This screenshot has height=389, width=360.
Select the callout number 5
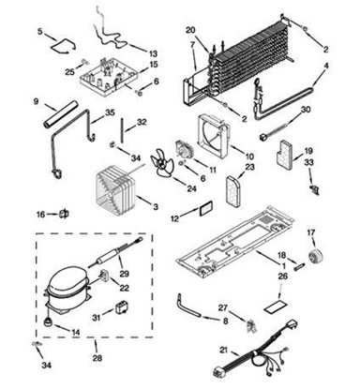[x=39, y=32]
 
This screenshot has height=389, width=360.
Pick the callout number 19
[x=309, y=149]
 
